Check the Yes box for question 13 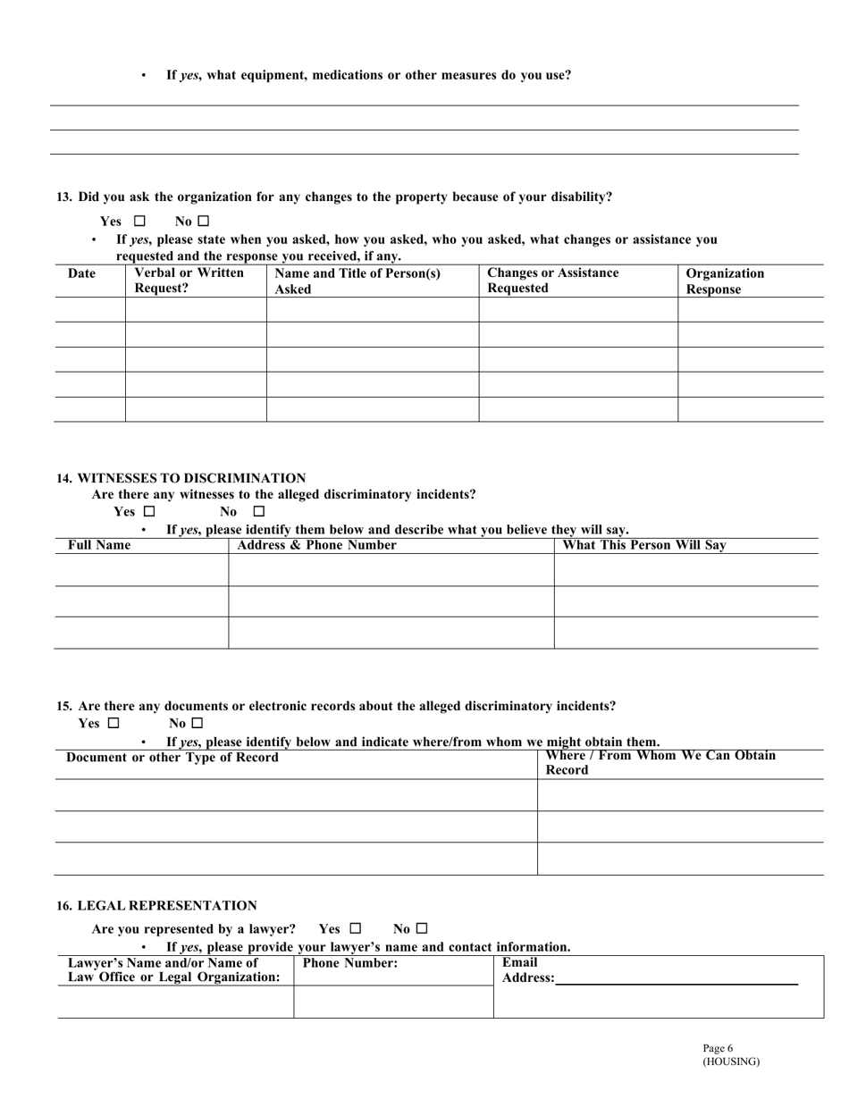139,221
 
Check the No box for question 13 204,221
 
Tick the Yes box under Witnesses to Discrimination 149,512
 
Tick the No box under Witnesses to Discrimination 259,512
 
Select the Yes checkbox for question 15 113,723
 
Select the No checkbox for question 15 198,723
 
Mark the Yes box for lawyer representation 356,928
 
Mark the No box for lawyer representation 422,928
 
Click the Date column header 81,273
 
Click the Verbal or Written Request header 188,281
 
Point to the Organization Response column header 724,281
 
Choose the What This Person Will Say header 645,545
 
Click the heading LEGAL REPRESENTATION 156,905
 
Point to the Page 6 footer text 718,1049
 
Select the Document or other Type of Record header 172,758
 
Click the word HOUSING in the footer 731,1061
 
